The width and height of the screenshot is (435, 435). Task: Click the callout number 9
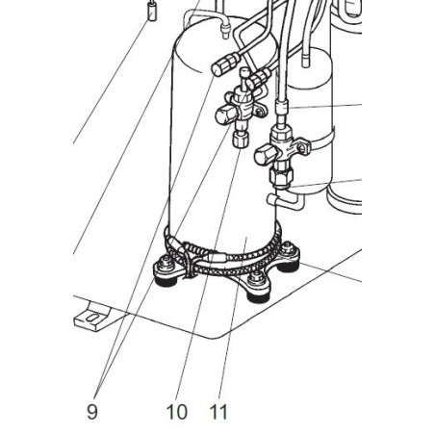tap(92, 411)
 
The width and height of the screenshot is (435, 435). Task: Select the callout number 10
tap(177, 411)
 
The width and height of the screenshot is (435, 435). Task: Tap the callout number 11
tap(218, 411)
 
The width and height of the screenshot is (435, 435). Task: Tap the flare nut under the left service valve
tap(241, 140)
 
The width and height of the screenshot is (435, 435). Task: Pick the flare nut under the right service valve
tap(281, 176)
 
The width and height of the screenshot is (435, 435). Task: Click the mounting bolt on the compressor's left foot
tap(166, 262)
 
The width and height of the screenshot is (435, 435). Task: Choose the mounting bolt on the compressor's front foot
tap(257, 278)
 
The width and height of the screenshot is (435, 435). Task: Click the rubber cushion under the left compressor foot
tap(166, 281)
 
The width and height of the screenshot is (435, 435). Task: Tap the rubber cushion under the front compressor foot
tap(258, 297)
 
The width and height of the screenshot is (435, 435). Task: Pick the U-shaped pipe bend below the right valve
tap(285, 200)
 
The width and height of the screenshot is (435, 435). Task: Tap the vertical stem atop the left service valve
tap(245, 80)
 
